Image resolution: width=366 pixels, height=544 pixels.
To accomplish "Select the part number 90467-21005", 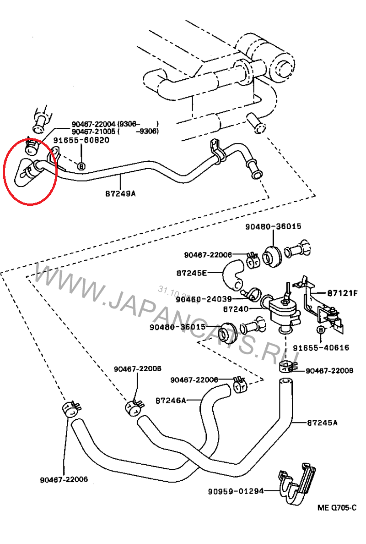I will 94,132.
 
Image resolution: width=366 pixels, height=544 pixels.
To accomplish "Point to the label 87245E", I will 191,273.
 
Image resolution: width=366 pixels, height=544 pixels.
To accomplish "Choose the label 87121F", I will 342,292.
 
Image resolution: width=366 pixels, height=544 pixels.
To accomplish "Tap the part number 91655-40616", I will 321,348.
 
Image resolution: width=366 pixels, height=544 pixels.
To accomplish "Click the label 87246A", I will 171,400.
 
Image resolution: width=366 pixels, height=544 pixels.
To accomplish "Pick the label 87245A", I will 322,423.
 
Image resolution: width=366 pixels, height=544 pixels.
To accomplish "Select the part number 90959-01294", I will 236,491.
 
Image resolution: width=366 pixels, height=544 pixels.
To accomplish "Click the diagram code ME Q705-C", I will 337,507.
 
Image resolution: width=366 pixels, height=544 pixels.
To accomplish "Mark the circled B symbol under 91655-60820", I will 81,166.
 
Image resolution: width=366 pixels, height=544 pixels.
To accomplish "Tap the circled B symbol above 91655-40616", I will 321,330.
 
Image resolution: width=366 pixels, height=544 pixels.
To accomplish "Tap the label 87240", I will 236,309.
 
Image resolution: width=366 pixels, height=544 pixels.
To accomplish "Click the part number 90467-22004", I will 94,124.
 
